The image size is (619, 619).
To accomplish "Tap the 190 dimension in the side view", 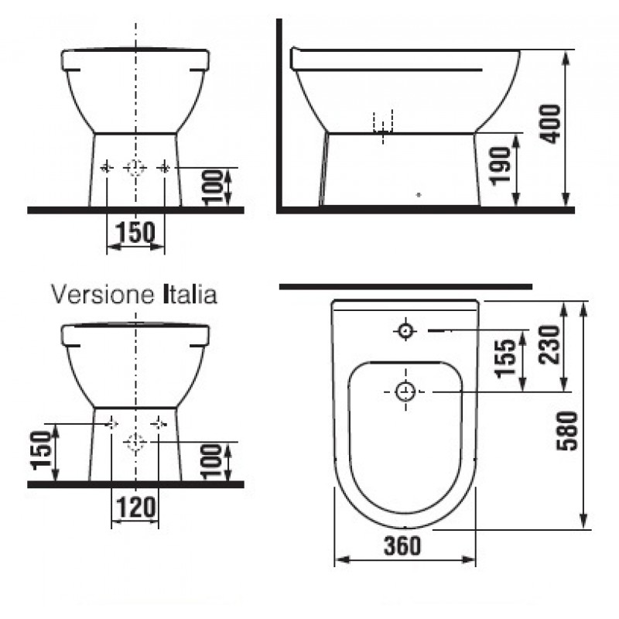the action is click(x=500, y=166).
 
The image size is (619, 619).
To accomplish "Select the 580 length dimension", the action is click(x=567, y=431).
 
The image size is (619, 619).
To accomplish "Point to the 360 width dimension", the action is click(x=402, y=546).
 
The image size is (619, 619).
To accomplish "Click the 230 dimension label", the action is click(x=549, y=344).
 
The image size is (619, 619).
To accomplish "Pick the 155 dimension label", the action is click(x=506, y=358).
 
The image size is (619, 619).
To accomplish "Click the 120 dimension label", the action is click(x=136, y=508).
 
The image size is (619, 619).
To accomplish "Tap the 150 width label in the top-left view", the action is click(x=135, y=232).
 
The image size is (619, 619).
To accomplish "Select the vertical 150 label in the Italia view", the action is click(x=41, y=450).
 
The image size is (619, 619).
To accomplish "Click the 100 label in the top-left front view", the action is click(x=213, y=187).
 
